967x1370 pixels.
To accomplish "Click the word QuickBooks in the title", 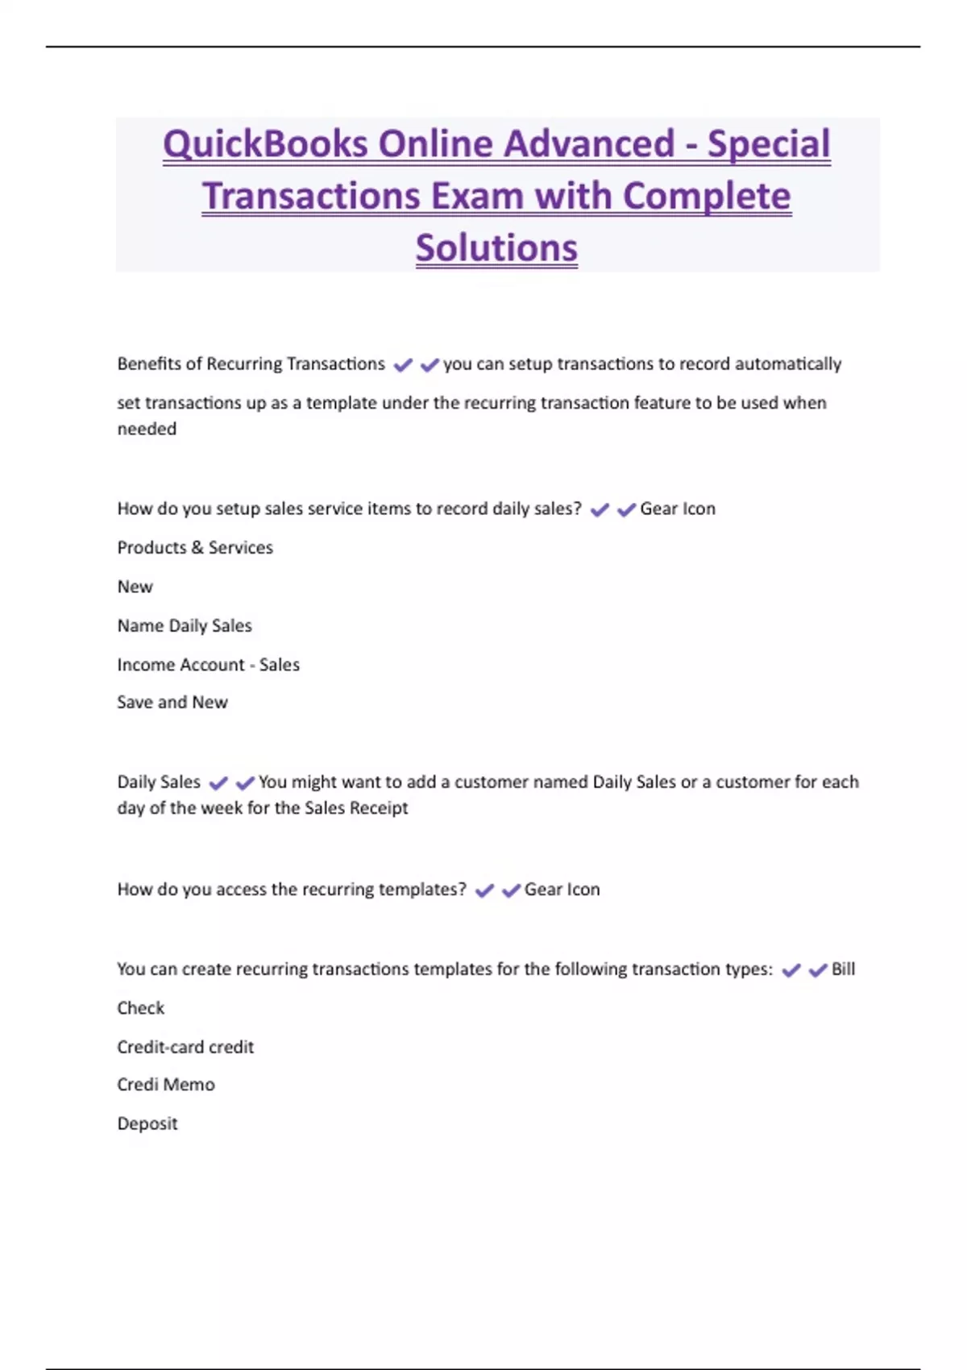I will click(x=265, y=145).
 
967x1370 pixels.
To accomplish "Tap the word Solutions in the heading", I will click(x=496, y=248).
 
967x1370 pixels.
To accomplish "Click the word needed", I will click(x=147, y=430).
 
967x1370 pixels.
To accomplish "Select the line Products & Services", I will click(x=195, y=548).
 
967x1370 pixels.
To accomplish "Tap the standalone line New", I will click(x=135, y=587).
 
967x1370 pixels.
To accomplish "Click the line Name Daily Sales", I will click(x=185, y=626).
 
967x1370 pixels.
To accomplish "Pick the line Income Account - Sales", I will click(x=208, y=665).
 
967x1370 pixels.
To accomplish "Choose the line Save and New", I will click(x=172, y=703).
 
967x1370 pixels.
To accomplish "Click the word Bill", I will click(x=843, y=969).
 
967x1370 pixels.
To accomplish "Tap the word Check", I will click(x=140, y=1008).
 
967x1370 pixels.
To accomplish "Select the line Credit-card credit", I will click(x=185, y=1047).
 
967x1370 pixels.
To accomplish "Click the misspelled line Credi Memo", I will click(x=166, y=1085).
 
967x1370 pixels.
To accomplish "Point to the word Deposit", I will click(x=147, y=1123).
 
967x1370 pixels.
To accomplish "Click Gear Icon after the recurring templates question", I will click(x=562, y=890).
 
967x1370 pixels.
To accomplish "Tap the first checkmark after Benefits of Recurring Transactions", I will click(x=403, y=366).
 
